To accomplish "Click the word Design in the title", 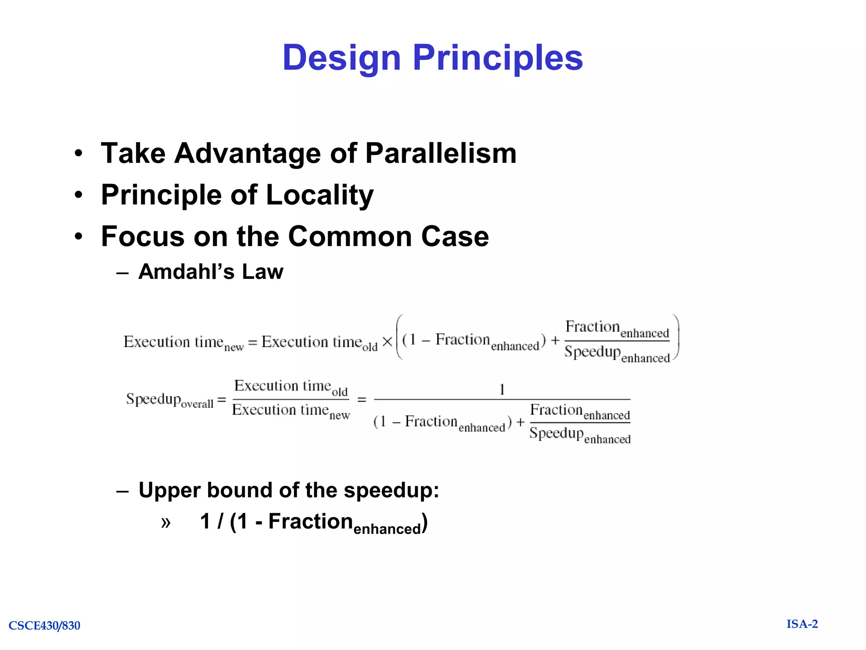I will (x=341, y=58).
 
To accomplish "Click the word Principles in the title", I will (x=498, y=58).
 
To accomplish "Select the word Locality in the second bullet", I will (x=320, y=195).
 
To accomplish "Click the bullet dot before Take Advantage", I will (x=79, y=154).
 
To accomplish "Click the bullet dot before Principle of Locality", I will (x=79, y=195).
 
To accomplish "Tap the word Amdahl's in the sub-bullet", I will (x=186, y=272).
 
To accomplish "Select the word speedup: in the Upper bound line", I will (x=391, y=490).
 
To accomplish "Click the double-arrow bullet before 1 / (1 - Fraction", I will (x=166, y=523).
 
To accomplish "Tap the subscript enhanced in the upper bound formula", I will (x=387, y=529).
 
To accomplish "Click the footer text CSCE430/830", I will (x=44, y=625).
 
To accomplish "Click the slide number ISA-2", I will (x=802, y=624).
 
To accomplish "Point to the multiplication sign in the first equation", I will (x=387, y=342).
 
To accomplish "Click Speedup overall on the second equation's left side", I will (x=170, y=399).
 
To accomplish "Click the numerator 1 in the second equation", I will (x=502, y=389).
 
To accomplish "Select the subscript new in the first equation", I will (x=234, y=348).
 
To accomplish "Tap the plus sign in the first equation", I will (x=555, y=340).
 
